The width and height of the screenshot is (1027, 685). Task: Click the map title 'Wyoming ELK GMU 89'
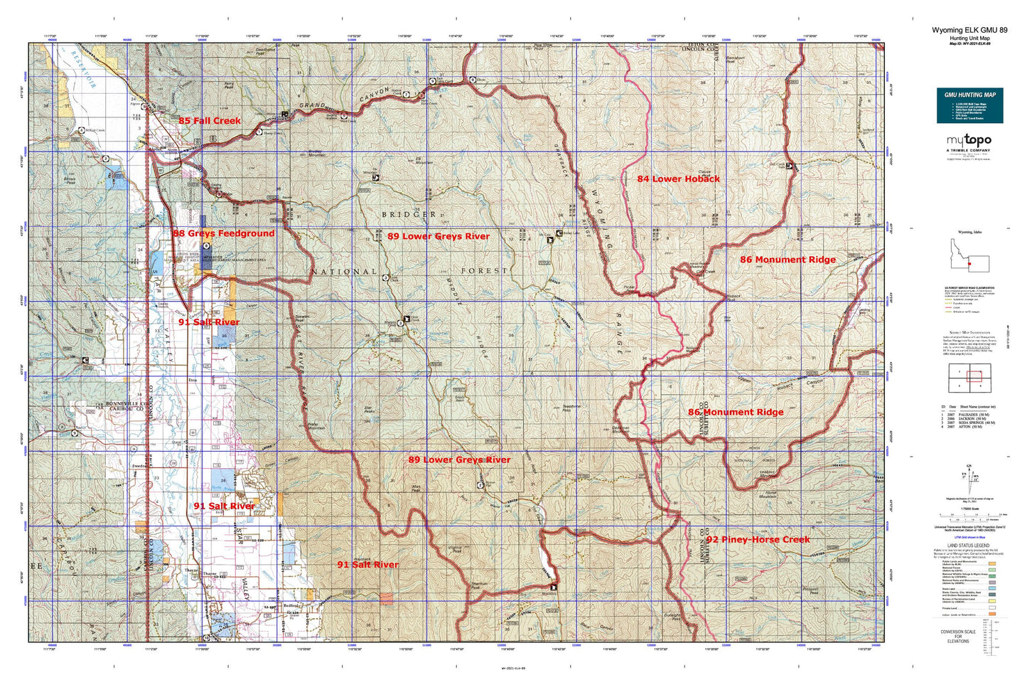[969, 31]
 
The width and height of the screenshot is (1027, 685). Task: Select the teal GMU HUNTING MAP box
[969, 105]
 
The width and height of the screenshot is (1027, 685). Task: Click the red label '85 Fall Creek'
[210, 121]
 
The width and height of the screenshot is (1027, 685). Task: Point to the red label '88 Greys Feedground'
[223, 233]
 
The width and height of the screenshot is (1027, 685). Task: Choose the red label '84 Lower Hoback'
[678, 179]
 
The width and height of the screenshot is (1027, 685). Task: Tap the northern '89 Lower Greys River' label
[438, 236]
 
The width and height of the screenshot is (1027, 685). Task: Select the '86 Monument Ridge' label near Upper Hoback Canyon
[736, 412]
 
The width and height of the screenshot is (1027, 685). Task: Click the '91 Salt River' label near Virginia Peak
[367, 565]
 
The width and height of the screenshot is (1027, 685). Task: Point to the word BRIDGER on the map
[408, 214]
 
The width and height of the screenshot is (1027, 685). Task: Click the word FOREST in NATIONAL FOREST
[484, 271]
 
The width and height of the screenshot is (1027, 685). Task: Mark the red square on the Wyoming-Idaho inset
[969, 263]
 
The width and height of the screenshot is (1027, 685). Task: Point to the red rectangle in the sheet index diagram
[974, 376]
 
